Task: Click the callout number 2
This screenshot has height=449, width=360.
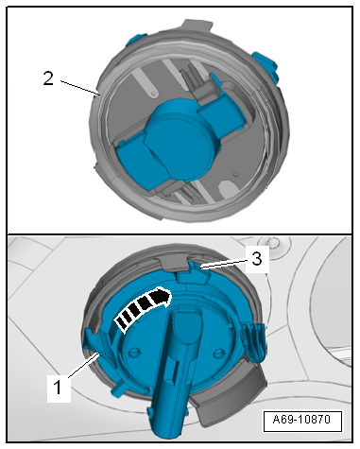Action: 48,78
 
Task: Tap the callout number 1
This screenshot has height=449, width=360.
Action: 58,388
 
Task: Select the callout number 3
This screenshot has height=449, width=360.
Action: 257,259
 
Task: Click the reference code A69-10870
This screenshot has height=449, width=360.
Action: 301,420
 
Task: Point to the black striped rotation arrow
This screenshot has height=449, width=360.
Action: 143,306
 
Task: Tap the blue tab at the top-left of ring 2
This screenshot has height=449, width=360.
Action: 135,40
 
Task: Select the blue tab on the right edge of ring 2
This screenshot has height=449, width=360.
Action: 266,66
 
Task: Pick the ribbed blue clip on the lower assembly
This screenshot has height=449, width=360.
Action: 253,343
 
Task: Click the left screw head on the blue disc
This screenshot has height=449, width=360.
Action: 135,352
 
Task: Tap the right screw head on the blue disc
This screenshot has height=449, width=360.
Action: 218,354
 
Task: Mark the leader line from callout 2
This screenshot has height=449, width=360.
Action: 80,87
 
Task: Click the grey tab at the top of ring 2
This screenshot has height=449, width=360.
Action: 197,26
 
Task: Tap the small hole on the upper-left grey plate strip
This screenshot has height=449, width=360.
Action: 153,94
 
